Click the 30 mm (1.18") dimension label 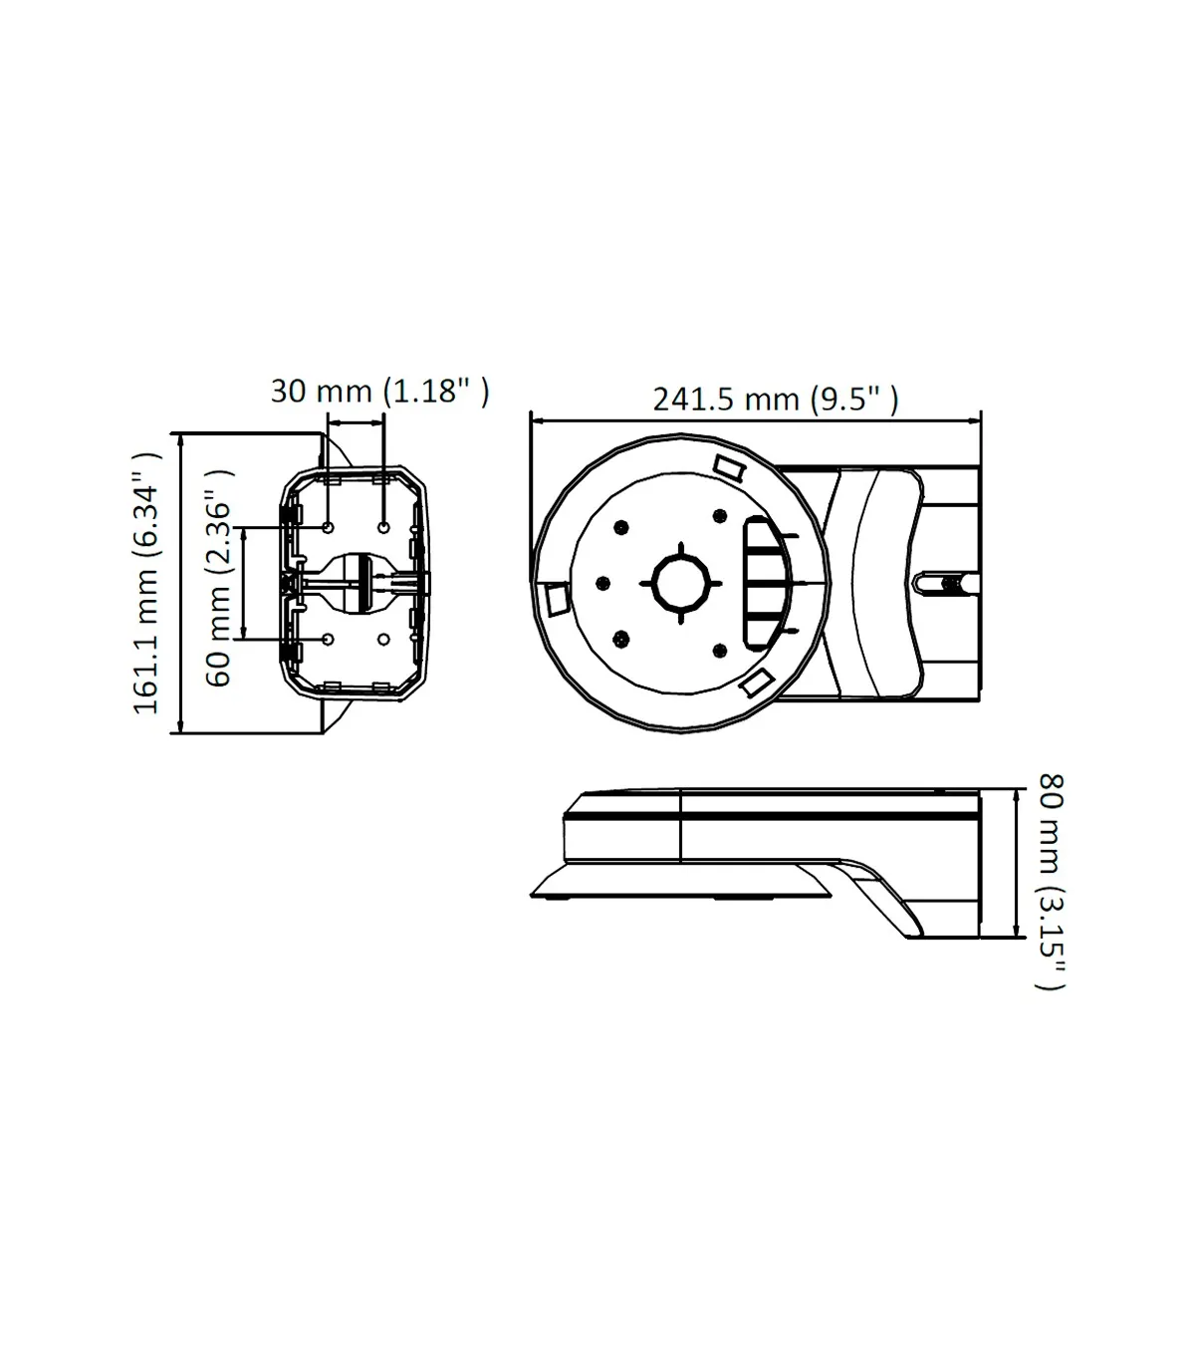point(379,391)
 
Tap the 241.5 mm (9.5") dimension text point(775,400)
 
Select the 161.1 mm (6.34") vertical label point(146,583)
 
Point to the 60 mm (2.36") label point(218,578)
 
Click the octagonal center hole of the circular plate point(681,583)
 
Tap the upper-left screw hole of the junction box point(328,528)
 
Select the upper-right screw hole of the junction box point(383,528)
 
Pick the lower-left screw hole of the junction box point(328,640)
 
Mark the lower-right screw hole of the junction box point(383,640)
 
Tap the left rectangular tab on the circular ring point(557,599)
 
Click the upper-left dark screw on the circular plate point(621,527)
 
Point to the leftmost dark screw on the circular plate point(602,583)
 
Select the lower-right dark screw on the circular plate point(720,650)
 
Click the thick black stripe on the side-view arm point(772,816)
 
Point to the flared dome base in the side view point(681,881)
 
